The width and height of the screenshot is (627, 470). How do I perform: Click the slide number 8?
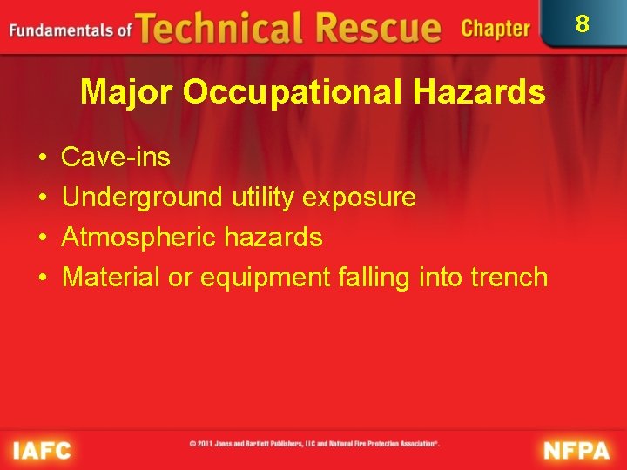click(x=583, y=22)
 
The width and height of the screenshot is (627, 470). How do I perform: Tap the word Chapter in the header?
click(x=496, y=29)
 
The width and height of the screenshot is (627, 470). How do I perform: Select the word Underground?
click(x=142, y=198)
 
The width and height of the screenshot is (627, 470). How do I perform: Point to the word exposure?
click(x=359, y=198)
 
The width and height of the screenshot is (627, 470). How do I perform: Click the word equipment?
click(x=266, y=277)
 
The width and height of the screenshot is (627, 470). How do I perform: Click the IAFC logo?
click(x=42, y=450)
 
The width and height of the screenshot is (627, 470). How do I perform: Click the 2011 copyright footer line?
click(x=313, y=444)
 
